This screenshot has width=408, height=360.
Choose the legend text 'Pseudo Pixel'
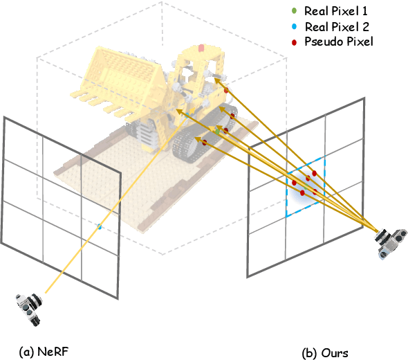point(334,42)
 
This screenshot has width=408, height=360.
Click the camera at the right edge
point(391,242)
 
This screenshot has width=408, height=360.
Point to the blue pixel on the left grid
point(100,226)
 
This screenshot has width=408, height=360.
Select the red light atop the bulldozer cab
point(201,48)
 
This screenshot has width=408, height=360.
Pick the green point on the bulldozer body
point(217,129)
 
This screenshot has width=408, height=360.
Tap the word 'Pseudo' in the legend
point(322,42)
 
